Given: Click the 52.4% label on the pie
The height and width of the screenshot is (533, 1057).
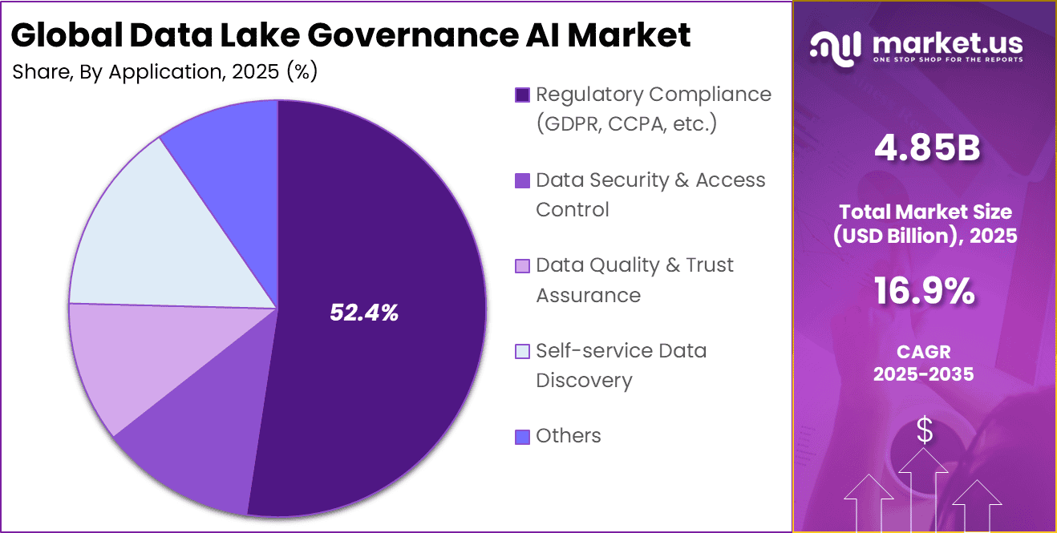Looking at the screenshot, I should pos(364,313).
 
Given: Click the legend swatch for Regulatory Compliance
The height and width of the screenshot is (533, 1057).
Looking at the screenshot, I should pos(522,95).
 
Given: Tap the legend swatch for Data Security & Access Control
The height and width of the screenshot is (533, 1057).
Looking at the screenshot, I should pos(522,181).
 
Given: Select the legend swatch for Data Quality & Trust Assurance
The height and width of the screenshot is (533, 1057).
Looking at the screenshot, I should pos(522,266).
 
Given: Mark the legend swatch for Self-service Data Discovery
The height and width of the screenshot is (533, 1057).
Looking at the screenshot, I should pos(522,351).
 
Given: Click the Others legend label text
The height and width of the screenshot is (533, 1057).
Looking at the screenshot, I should pos(569,436).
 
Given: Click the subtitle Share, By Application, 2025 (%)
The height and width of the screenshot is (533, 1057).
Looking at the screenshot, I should pos(165,72).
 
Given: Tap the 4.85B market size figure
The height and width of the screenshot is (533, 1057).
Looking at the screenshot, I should pos(925,150).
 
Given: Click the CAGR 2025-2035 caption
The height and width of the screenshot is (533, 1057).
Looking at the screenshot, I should pos(925,362).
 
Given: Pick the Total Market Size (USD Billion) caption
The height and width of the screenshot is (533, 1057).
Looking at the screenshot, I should pos(925,224).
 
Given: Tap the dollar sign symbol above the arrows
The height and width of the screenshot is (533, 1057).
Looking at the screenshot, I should pos(925,431).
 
